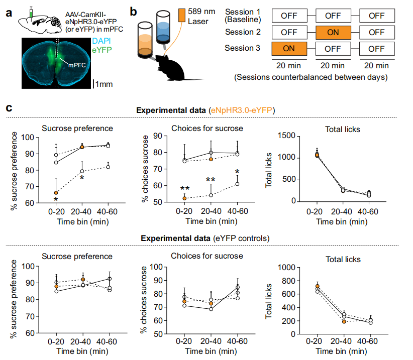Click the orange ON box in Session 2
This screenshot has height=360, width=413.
333,32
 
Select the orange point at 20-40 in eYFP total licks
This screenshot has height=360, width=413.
344,321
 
